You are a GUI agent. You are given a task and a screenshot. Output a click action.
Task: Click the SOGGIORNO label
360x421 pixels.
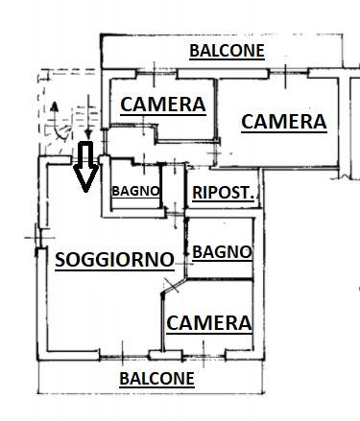coord(114,259)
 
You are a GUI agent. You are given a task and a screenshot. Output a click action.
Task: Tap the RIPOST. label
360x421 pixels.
coord(223,193)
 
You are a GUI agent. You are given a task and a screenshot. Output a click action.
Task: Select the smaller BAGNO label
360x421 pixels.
coord(135,191)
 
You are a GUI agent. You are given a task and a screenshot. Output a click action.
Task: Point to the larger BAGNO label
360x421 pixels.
coord(222,252)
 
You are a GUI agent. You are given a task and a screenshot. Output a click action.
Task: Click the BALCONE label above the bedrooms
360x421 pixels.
coord(227,51)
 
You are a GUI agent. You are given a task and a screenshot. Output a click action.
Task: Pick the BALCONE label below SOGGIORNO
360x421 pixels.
coord(156,379)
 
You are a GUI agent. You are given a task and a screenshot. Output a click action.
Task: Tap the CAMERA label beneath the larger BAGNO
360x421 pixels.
coord(209,323)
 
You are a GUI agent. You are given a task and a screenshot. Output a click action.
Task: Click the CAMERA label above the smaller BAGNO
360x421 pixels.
coord(163,105)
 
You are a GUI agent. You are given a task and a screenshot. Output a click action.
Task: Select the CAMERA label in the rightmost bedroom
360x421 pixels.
coord(284,122)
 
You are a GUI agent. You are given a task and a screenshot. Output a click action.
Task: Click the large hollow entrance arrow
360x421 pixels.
coord(85,166)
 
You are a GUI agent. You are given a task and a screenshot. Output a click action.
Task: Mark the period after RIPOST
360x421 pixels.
coord(252,198)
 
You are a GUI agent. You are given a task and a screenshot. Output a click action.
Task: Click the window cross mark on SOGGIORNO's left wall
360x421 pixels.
coord(39,238)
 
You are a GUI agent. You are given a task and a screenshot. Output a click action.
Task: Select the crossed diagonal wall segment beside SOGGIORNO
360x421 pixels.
coord(173,286)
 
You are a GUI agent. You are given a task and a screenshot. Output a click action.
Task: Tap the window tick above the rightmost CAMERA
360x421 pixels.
coord(285,77)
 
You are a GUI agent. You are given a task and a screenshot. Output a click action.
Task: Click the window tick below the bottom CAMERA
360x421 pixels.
coord(204,354)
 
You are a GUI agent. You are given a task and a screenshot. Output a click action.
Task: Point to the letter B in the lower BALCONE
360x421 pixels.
coord(124,379)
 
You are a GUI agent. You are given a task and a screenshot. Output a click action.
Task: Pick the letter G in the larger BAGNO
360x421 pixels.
coord(221,252)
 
